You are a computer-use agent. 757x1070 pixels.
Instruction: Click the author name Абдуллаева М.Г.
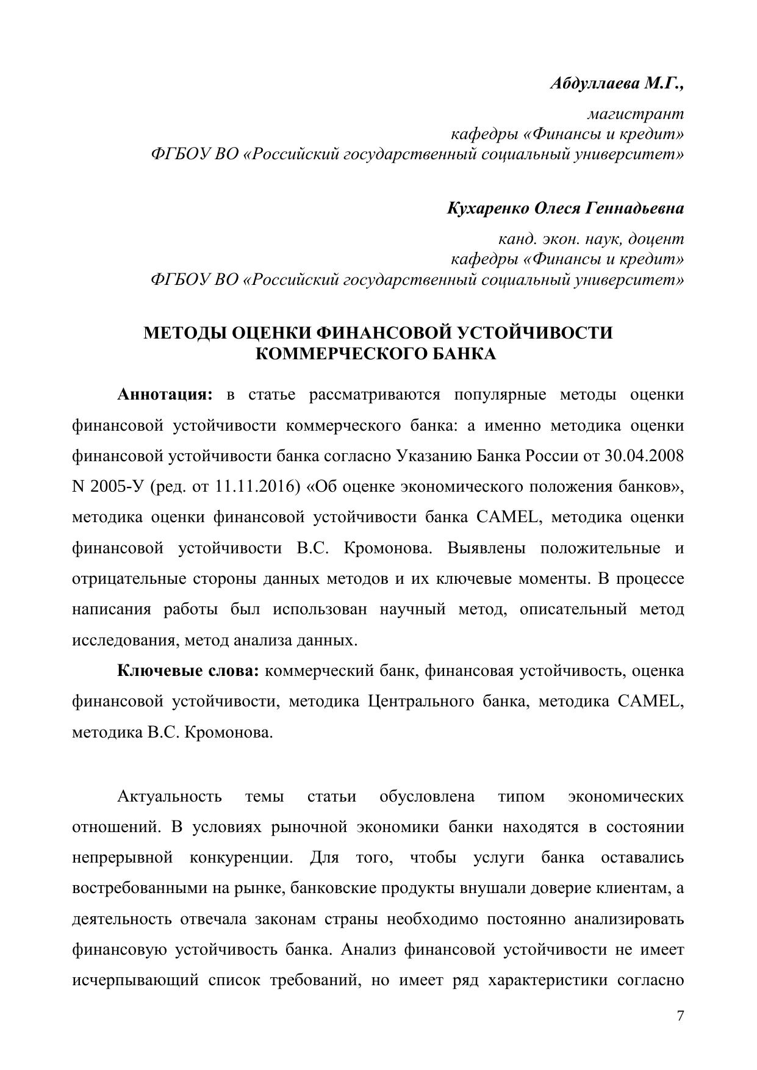(617, 83)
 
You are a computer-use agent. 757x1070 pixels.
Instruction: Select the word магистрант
(635, 113)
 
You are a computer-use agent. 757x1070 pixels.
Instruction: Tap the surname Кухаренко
(487, 209)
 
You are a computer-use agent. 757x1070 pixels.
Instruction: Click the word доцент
(656, 239)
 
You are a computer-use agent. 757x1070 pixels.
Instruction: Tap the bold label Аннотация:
(164, 395)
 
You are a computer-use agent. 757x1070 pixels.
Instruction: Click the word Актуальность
(169, 797)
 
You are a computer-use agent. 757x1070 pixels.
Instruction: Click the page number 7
(681, 1016)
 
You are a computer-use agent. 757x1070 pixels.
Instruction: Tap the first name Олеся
(558, 209)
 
